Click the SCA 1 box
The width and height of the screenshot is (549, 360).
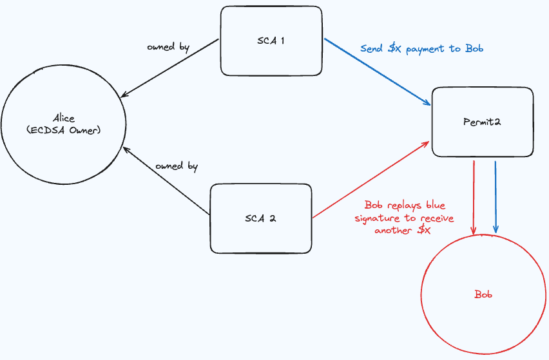[271, 40]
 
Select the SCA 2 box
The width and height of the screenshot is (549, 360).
[261, 218]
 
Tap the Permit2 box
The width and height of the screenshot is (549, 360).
[482, 122]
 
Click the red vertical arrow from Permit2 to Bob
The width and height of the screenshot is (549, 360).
[474, 196]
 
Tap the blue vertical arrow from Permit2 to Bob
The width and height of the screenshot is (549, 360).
[495, 196]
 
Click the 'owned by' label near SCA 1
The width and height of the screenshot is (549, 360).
[168, 47]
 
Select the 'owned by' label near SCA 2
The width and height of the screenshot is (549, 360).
[177, 166]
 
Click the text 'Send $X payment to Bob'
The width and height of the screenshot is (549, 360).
[421, 49]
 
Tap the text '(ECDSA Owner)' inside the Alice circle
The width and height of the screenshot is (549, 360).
[64, 130]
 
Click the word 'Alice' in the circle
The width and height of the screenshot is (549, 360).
[64, 118]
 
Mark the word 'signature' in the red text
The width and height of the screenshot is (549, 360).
[376, 218]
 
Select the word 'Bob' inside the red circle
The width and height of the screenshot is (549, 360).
[483, 294]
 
